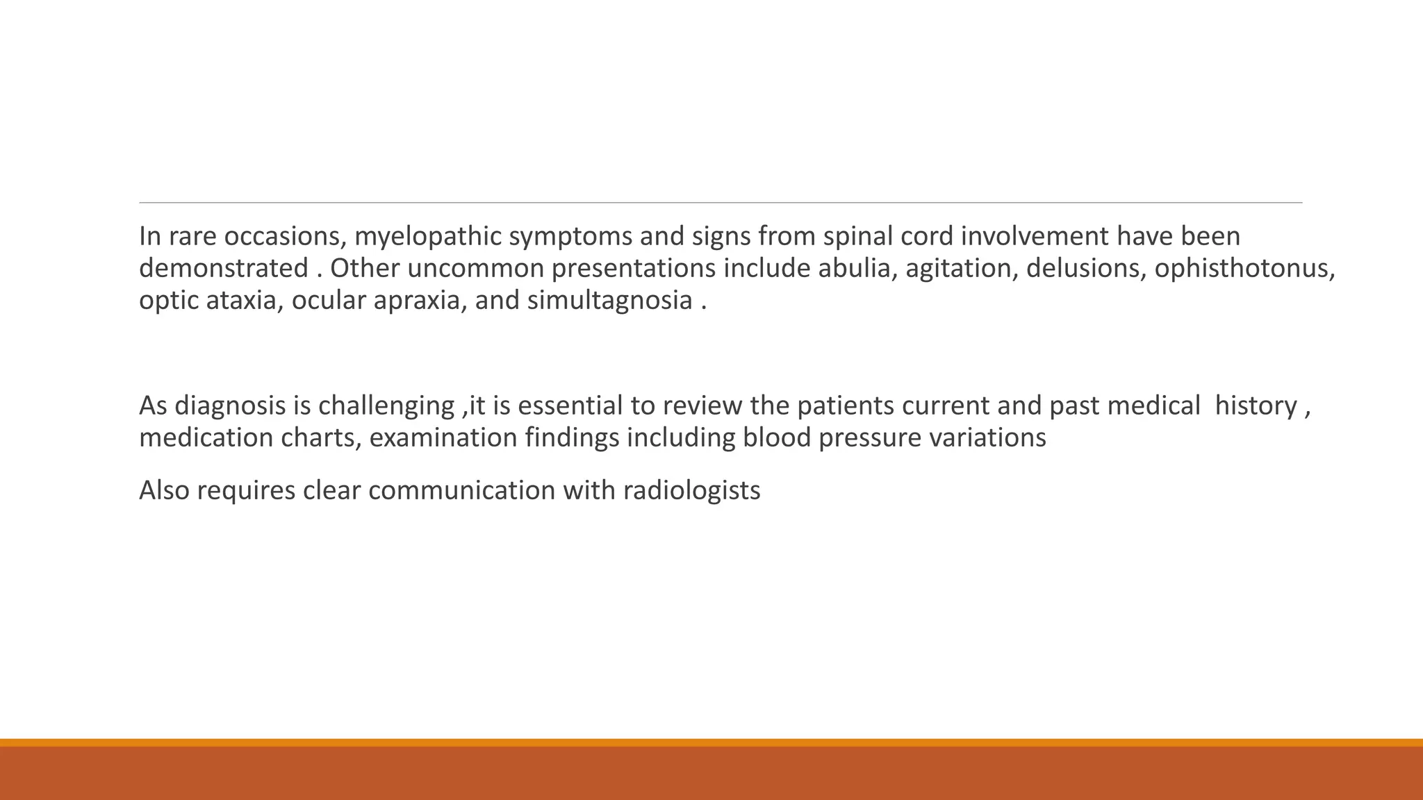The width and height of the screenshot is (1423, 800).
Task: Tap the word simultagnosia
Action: pyautogui.click(x=609, y=301)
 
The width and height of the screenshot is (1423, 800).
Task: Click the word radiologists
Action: pyautogui.click(x=691, y=491)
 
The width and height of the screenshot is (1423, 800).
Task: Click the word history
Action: pyautogui.click(x=1256, y=406)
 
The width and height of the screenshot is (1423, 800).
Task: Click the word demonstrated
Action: pyautogui.click(x=224, y=269)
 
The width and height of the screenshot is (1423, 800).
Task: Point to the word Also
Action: pyautogui.click(x=164, y=491)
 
